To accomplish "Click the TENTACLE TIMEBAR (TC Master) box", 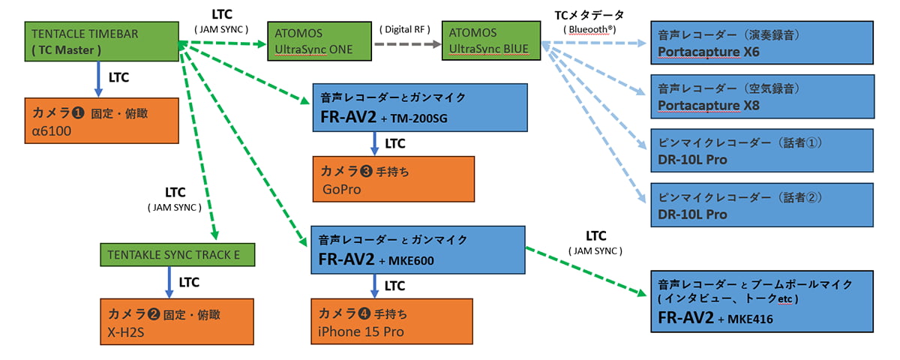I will coord(102,42).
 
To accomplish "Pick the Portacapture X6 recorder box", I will coord(762,43).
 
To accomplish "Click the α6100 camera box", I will coord(102,120).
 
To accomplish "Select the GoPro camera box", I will coord(393,180).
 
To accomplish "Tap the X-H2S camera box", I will coord(178,321).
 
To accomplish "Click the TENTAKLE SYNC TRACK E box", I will coord(178,255).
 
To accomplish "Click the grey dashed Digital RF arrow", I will coord(408,43).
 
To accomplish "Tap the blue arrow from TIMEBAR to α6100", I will coord(97,79).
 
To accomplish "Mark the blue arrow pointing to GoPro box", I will coord(374,143).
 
